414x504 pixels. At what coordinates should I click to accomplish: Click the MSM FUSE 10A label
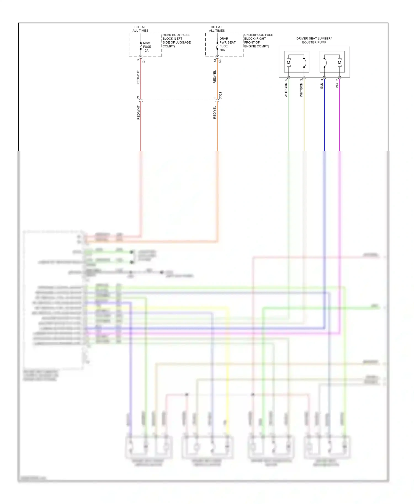coord(147,47)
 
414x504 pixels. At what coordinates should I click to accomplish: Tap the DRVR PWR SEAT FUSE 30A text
coord(227,44)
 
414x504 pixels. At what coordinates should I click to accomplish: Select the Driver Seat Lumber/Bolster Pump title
coord(314,40)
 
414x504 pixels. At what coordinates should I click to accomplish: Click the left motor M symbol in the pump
coord(288,63)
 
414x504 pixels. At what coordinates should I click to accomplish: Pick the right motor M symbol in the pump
coord(339,63)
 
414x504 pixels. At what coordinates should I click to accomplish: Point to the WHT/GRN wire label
coord(286,90)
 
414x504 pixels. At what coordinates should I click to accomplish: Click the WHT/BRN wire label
coord(301,90)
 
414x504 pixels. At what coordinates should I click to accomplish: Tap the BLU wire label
coord(322,86)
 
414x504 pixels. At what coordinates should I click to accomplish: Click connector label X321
coord(220,95)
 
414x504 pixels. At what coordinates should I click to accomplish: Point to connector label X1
coord(144,61)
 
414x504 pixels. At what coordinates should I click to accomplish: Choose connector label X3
coord(220,61)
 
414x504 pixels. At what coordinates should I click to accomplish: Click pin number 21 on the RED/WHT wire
coord(138,97)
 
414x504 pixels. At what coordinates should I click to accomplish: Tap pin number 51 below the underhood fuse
coord(215,60)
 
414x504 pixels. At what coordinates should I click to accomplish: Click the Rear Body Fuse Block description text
coord(176,41)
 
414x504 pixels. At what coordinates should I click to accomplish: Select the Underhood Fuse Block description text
coord(258,41)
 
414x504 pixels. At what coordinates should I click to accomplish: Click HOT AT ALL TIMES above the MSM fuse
coord(140,29)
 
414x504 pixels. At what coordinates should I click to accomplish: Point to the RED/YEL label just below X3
coord(214,77)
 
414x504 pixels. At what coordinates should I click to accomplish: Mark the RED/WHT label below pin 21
coord(138,112)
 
